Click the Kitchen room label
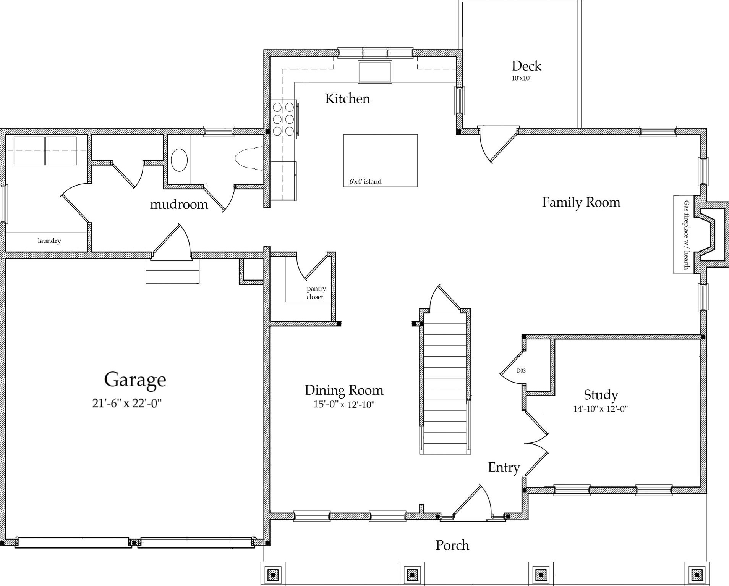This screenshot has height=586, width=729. point(347,98)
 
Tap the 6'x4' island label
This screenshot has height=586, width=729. point(365,182)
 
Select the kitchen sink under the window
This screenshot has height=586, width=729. point(375,72)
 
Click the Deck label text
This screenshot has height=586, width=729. point(526,66)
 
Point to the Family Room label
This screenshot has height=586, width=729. point(581,202)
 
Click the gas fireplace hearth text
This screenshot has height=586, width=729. point(687,235)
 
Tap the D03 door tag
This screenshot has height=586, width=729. point(521,370)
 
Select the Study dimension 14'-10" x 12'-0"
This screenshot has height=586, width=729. point(601,409)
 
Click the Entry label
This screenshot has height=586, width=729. point(504,468)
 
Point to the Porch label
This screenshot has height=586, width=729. point(452,545)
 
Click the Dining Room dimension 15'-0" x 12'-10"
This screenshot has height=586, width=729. point(344,404)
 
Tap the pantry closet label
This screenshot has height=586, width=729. point(316,293)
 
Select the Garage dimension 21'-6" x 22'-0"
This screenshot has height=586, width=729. point(127,403)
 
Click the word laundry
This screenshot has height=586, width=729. point(49,241)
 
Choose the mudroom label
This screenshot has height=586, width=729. point(179,205)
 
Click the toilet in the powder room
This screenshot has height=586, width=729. point(249,159)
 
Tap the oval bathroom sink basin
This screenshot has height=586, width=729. point(179,160)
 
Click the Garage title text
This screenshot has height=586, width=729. point(135,380)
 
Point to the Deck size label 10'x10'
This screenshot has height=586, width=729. point(522,79)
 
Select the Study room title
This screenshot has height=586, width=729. point(601,395)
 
